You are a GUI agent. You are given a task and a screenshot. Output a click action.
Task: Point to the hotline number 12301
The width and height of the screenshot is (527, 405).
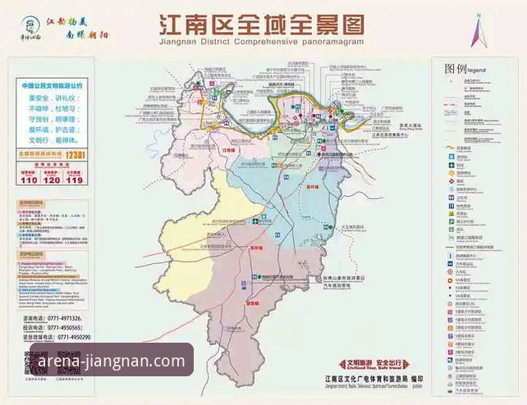click(x=76, y=153)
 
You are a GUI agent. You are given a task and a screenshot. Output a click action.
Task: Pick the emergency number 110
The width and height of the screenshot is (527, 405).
click(x=28, y=180)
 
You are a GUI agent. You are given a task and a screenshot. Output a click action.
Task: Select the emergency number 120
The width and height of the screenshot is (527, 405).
click(x=51, y=180)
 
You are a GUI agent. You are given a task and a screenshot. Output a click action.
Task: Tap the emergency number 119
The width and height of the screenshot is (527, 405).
click(x=74, y=180)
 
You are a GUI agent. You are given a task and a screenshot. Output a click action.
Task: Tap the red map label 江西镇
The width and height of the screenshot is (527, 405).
click(x=229, y=151)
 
